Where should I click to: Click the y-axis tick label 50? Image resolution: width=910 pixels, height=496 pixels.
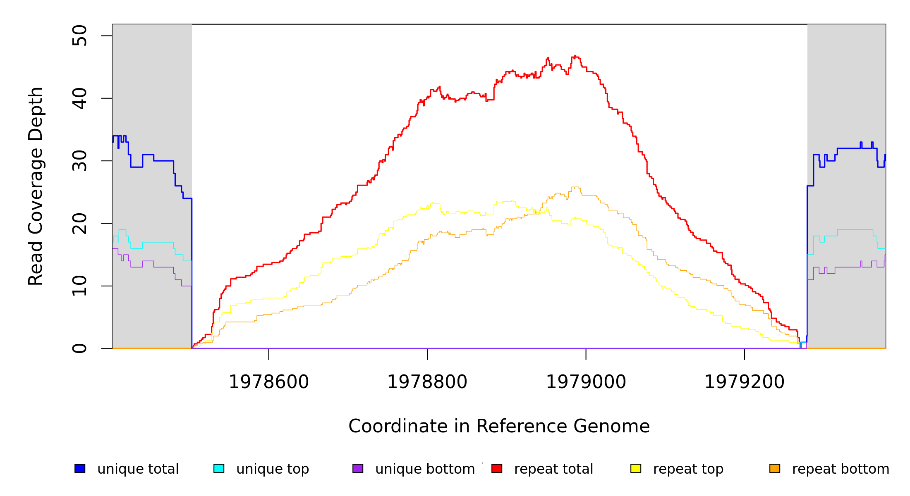[x=79, y=36]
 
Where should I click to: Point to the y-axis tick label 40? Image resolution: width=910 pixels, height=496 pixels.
[x=79, y=98]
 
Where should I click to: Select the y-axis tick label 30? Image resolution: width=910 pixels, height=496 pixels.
[x=79, y=161]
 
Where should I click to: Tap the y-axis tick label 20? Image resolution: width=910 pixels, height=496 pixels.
[x=79, y=223]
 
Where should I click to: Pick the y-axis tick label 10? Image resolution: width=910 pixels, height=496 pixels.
[x=79, y=286]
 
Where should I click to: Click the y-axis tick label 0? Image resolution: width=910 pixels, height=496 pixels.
[x=79, y=348]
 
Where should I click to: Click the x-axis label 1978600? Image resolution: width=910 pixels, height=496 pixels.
[x=269, y=382]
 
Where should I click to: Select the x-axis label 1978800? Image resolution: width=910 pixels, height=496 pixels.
[x=427, y=382]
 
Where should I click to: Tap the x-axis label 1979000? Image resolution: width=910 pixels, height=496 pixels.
[x=586, y=382]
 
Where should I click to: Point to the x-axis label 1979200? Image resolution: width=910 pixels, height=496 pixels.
[x=745, y=382]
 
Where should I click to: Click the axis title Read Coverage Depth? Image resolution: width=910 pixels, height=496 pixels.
[x=36, y=186]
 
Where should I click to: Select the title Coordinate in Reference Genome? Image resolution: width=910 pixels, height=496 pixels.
[x=499, y=426]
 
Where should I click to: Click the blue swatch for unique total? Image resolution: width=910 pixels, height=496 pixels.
[x=80, y=468]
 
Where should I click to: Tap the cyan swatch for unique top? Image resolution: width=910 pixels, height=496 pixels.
[x=219, y=468]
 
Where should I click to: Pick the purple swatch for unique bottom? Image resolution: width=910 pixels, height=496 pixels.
[x=358, y=468]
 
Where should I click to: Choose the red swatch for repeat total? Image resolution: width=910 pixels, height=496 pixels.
[x=497, y=468]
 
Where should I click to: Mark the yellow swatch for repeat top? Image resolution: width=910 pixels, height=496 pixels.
[x=636, y=468]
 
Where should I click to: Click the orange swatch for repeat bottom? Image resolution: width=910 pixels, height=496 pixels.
[x=775, y=468]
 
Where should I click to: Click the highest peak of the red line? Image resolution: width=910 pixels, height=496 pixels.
[x=575, y=56]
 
